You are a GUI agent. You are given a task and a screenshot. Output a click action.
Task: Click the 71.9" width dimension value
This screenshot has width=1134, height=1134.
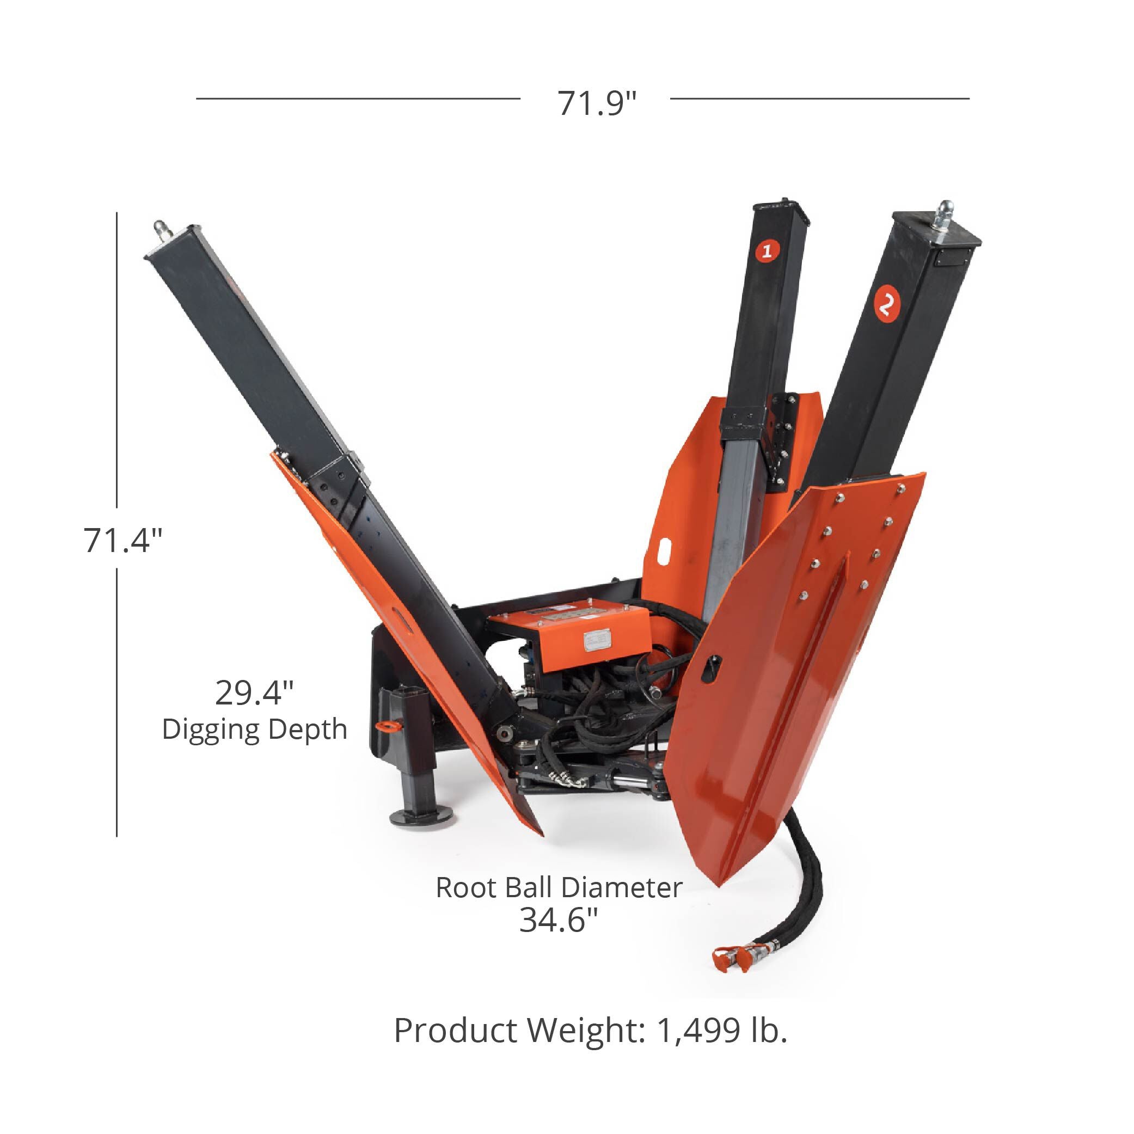[597, 104]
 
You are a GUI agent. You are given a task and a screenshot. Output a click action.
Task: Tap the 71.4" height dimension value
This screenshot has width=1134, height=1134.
[122, 540]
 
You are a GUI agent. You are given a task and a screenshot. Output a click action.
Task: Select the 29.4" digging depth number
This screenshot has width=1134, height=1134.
[254, 692]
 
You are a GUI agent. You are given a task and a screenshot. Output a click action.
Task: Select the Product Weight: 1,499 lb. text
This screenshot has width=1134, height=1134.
[591, 1030]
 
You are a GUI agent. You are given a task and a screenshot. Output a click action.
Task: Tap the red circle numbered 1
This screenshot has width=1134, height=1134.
[766, 251]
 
